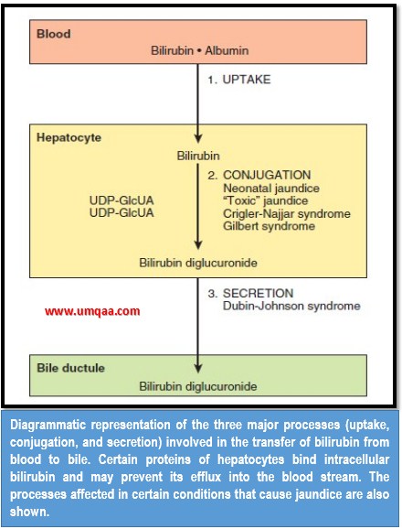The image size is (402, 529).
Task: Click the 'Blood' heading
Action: [53, 35]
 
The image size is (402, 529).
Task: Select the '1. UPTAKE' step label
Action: [239, 81]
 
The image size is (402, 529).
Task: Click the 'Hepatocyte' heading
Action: [69, 137]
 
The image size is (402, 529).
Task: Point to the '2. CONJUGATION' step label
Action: [259, 174]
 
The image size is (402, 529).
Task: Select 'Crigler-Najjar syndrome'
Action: [285, 213]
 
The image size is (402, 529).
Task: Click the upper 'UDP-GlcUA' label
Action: [122, 200]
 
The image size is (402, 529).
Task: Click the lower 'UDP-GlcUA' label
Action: [122, 212]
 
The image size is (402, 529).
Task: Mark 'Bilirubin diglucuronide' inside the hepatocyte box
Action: [198, 263]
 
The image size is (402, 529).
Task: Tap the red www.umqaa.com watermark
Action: [91, 311]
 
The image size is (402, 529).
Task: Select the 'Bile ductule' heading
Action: [70, 367]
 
